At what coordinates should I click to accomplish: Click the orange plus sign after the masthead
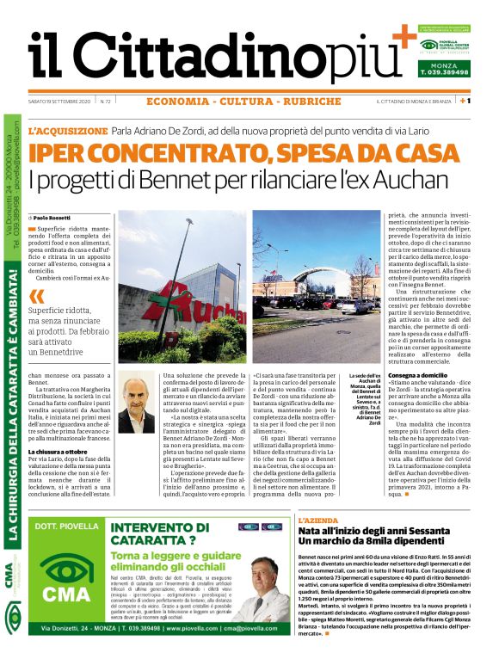coord(401,39)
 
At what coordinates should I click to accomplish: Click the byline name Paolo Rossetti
coord(56,219)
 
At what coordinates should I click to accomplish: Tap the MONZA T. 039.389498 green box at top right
coord(444,68)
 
